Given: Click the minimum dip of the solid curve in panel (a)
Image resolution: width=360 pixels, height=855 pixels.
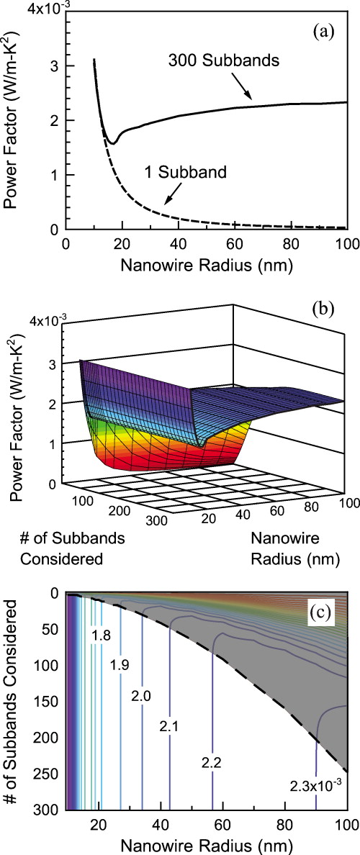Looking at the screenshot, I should point(112,142).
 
